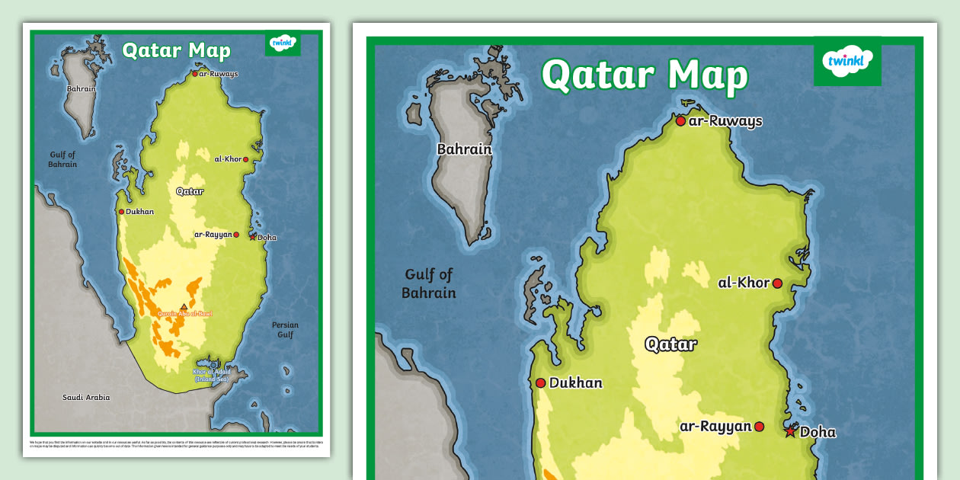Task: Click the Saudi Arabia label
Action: (x=86, y=398)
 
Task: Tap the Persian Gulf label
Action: (x=285, y=330)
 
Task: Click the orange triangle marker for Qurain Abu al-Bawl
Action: (x=183, y=307)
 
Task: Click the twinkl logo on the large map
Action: (x=846, y=62)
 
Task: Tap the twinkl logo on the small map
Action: (x=283, y=43)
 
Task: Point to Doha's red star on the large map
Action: (x=790, y=432)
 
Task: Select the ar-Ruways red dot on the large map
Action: (x=680, y=121)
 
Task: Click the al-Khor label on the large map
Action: (x=744, y=283)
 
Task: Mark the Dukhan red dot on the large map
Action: (x=540, y=383)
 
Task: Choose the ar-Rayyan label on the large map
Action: (x=715, y=427)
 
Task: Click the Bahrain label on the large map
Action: (x=464, y=149)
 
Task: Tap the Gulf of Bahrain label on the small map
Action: (x=62, y=160)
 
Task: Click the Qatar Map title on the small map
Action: (x=176, y=51)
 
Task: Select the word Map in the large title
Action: (x=707, y=75)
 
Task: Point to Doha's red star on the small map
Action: (x=253, y=237)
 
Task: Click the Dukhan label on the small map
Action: (x=139, y=212)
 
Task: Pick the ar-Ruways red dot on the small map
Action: (x=194, y=74)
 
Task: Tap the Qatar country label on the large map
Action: (x=670, y=344)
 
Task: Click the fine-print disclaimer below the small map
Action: (x=176, y=443)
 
